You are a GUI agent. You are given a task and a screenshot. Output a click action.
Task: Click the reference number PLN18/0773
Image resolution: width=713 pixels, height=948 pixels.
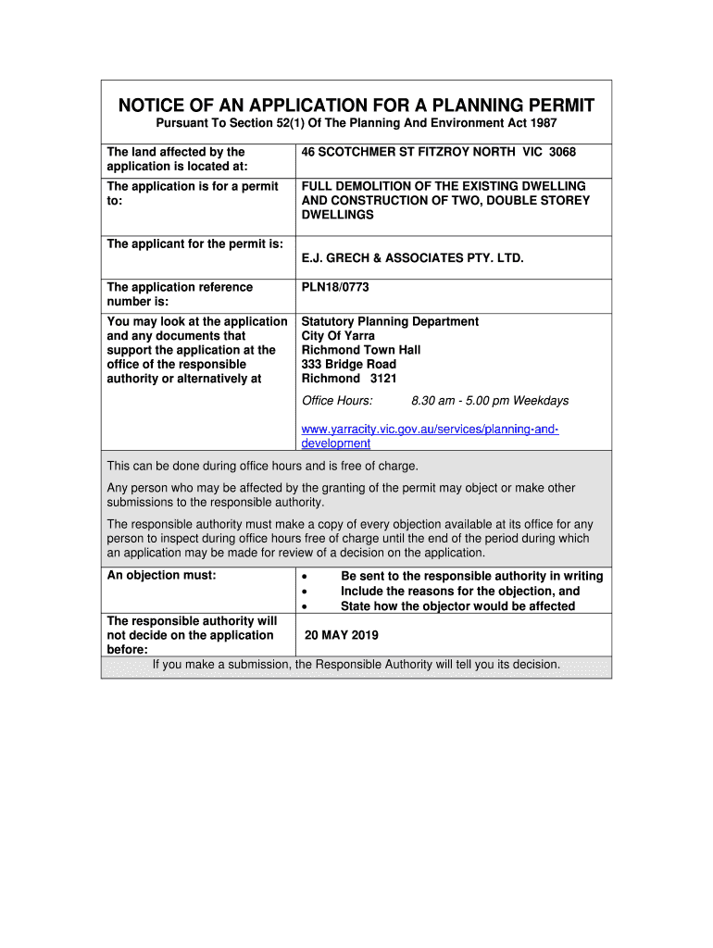tap(335, 288)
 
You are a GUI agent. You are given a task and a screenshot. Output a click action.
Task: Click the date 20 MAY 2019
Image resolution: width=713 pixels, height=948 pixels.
tap(342, 636)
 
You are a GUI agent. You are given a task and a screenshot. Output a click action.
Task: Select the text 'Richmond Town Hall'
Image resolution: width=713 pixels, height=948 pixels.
tap(361, 350)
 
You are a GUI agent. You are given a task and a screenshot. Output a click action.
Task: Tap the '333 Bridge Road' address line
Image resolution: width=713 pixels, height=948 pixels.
tap(349, 364)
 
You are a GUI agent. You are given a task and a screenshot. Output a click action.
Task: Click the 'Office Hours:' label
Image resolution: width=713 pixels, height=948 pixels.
tap(338, 401)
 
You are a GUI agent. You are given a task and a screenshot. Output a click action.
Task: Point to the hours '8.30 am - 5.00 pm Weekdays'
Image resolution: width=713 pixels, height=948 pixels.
tap(490, 401)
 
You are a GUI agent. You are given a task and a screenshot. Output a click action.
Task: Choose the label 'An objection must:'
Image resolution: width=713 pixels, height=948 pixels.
tap(161, 576)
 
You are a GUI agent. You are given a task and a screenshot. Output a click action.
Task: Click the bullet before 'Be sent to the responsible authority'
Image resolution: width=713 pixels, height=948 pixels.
tap(305, 577)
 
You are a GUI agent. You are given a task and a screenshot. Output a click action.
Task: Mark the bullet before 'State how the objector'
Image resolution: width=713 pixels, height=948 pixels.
tap(305, 606)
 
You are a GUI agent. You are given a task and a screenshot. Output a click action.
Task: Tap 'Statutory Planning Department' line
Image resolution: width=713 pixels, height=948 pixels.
tap(390, 321)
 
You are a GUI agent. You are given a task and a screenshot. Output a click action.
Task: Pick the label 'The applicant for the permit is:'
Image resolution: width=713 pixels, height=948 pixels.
tap(195, 244)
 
